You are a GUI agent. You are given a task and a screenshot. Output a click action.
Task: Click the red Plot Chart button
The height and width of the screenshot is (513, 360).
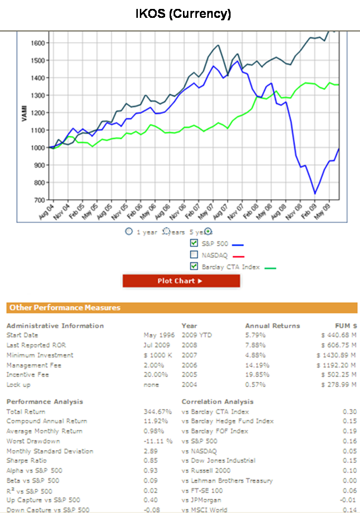pyautogui.click(x=181, y=281)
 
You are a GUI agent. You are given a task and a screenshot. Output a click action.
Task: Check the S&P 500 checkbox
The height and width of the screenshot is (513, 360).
pyautogui.click(x=194, y=243)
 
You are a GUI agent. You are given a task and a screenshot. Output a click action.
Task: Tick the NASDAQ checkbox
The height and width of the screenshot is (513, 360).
pyautogui.click(x=194, y=255)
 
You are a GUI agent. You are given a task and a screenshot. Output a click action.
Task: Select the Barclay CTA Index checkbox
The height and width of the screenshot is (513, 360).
pyautogui.click(x=194, y=267)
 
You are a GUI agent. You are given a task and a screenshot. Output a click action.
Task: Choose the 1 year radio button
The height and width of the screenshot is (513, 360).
pyautogui.click(x=129, y=231)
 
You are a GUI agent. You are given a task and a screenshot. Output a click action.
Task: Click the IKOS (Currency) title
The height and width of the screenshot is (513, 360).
pyautogui.click(x=183, y=14)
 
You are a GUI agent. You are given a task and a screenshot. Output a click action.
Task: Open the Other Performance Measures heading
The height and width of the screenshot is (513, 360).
pyautogui.click(x=65, y=308)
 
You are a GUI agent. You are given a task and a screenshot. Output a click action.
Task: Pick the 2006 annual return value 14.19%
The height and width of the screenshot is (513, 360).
pyautogui.click(x=255, y=365)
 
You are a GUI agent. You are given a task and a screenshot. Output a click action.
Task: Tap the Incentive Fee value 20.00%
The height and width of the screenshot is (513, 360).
pyautogui.click(x=159, y=375)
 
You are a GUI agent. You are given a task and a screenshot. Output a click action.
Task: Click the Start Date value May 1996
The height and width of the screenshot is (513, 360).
pyautogui.click(x=159, y=335)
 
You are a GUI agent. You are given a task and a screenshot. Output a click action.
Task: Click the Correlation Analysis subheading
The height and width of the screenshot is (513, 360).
pyautogui.click(x=217, y=401)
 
